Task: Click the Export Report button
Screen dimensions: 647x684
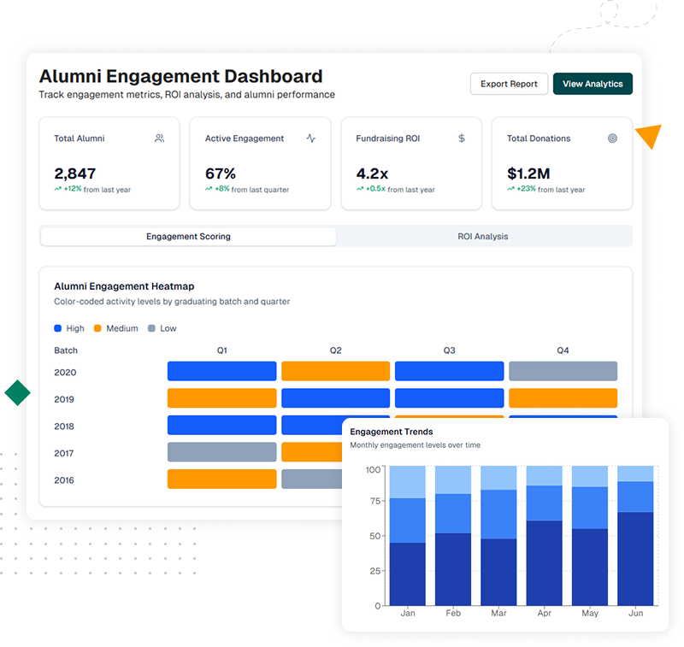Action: tap(509, 84)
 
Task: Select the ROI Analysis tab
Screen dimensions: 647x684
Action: tap(483, 237)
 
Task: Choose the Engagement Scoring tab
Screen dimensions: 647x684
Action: tap(188, 237)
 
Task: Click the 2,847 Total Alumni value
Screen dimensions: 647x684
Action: tap(75, 174)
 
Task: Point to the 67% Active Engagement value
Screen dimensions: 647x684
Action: tap(221, 174)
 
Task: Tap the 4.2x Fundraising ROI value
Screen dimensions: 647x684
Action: tap(374, 174)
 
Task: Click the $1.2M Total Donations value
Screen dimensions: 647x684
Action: tap(528, 174)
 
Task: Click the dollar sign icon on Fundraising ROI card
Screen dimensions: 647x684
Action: tap(462, 138)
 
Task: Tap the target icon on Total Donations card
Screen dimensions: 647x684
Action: tap(612, 138)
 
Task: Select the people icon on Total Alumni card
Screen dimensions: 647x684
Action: tap(159, 138)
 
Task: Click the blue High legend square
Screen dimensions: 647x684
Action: tap(58, 328)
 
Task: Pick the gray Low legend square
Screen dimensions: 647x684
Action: tap(152, 328)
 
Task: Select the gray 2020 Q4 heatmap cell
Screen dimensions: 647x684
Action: tap(563, 371)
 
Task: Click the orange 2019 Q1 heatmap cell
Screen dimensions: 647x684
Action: tap(221, 398)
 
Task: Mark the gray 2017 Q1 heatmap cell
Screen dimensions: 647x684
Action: tap(221, 452)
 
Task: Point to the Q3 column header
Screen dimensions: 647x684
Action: tap(449, 350)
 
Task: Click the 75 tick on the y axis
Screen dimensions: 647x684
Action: tap(373, 503)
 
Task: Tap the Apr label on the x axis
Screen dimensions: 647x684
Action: tap(544, 614)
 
